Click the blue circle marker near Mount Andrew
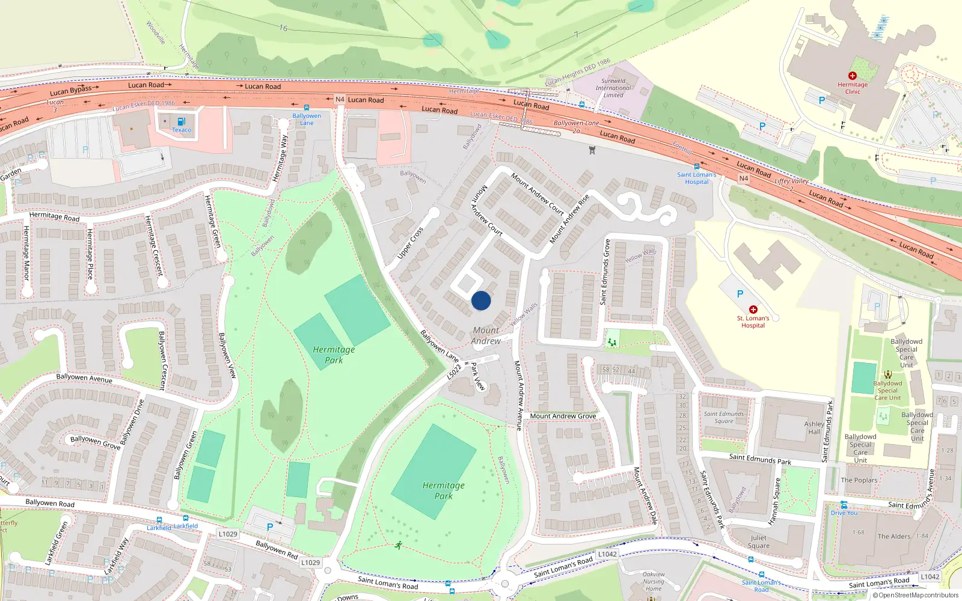pos(481,300)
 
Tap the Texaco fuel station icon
pos(182,121)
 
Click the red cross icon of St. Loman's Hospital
pos(753,310)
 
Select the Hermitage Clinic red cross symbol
pos(852,76)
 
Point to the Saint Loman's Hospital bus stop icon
pos(697,166)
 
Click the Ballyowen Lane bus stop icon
pos(307,108)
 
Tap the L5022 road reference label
pos(454,372)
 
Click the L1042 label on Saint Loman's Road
pos(607,554)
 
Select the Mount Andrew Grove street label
pos(563,416)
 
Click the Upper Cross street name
pos(410,243)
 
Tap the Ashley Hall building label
pos(814,427)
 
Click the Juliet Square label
pos(758,542)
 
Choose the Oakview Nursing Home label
pos(654,581)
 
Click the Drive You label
pos(844,513)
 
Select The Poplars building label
pos(859,480)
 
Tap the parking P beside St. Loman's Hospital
pos(740,294)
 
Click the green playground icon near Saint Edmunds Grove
pos(611,342)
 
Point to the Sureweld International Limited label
pos(613,88)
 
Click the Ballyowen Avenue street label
pos(84,378)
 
